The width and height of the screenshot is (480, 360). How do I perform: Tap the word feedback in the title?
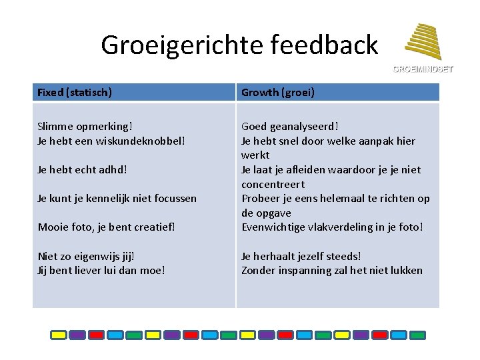tap(325, 45)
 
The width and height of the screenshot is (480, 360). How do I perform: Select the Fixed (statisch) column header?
tap(75, 93)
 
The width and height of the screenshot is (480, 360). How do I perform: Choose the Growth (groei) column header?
tap(278, 93)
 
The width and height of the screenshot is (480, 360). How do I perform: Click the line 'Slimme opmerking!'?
tap(85, 126)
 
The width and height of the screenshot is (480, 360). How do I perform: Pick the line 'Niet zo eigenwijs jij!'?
tap(86, 256)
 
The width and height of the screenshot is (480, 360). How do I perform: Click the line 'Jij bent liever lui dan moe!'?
tap(101, 270)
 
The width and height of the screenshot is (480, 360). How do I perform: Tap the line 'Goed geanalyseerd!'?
tap(290, 126)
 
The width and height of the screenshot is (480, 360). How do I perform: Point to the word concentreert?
tap(273, 184)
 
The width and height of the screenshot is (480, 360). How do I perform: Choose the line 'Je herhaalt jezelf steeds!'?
tap(301, 256)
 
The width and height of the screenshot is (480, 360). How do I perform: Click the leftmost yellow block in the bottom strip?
tap(59, 335)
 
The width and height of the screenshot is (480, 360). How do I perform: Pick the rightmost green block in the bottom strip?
tap(417, 335)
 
